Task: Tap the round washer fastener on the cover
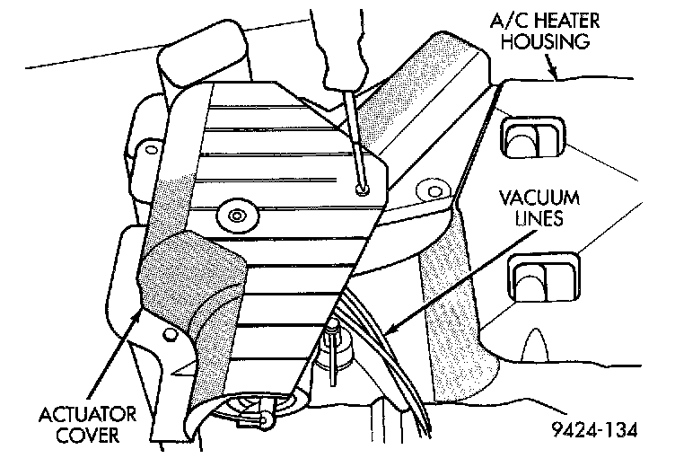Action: coord(236,215)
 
